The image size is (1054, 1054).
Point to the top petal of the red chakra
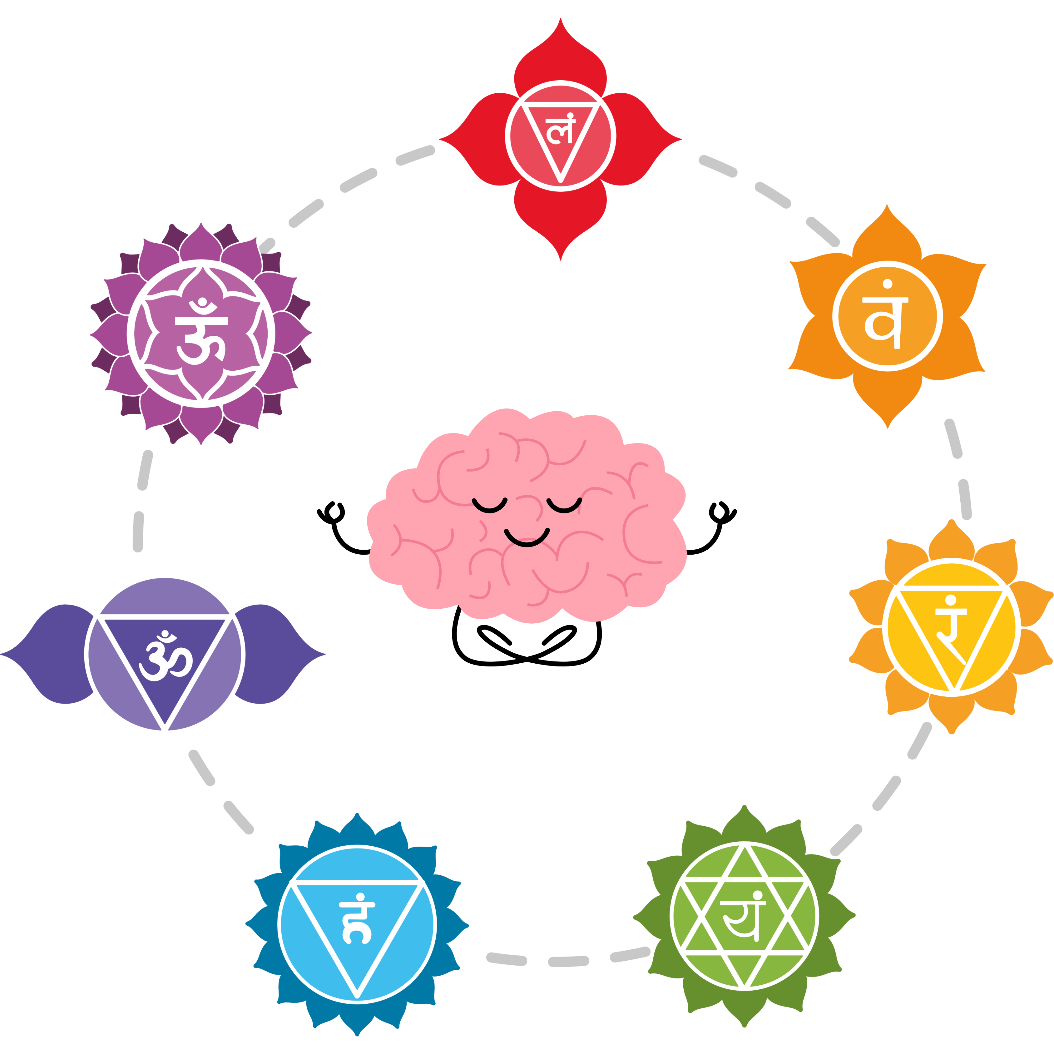pyautogui.click(x=560, y=55)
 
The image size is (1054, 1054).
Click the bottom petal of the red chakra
pyautogui.click(x=560, y=218)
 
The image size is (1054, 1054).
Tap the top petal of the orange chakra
pyautogui.click(x=887, y=235)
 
